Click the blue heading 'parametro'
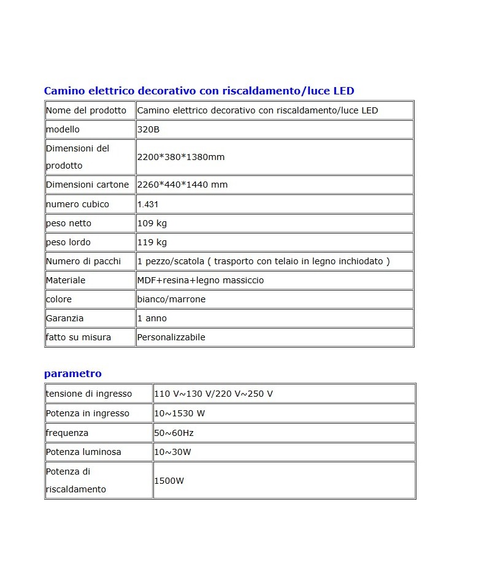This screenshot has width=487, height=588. (72, 373)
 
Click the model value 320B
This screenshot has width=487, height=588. (148, 129)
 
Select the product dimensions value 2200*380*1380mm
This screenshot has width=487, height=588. (181, 157)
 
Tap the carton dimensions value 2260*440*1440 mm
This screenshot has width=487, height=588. (182, 185)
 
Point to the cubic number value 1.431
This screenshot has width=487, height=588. (148, 204)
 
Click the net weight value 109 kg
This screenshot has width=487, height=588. (151, 223)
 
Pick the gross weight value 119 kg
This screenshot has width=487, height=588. (151, 242)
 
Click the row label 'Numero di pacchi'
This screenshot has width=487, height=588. (83, 261)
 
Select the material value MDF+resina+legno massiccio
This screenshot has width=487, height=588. (201, 280)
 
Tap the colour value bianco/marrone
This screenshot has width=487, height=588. (171, 299)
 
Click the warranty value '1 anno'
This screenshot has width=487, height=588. (151, 318)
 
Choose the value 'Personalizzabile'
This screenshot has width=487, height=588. (171, 337)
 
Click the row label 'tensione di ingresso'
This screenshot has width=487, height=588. (89, 394)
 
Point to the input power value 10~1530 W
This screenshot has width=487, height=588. (179, 413)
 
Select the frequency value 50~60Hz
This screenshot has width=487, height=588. (174, 433)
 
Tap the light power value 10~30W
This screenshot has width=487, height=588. (172, 452)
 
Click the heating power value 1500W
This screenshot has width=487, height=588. (169, 481)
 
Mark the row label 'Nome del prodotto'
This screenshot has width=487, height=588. (86, 110)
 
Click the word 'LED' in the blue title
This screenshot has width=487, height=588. (343, 91)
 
